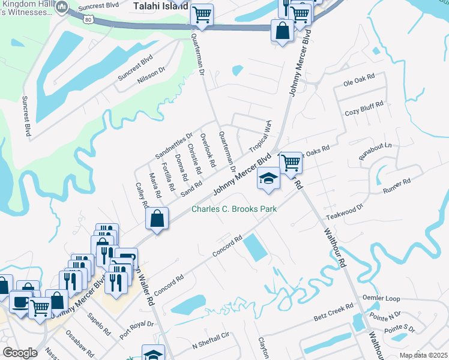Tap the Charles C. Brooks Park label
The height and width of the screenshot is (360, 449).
click(229, 209)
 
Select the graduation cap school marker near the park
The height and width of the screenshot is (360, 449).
click(268, 178)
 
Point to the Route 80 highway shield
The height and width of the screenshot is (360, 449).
click(89, 20)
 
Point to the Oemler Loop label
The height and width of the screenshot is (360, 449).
click(381, 298)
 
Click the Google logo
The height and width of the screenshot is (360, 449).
click(20, 352)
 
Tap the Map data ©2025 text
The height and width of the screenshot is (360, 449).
click(423, 355)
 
